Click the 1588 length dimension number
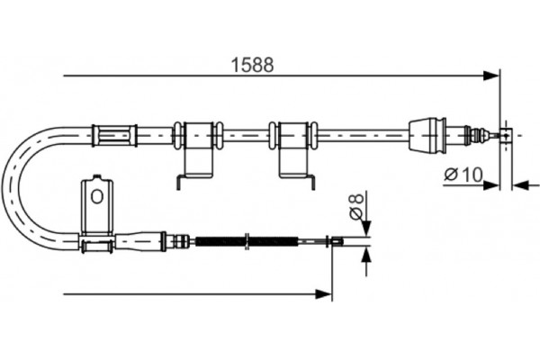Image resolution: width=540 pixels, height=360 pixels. point(253,65)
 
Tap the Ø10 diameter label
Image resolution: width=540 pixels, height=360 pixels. point(463,175)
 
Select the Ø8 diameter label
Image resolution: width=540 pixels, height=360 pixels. point(356,206)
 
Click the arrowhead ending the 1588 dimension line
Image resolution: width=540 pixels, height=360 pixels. point(490,76)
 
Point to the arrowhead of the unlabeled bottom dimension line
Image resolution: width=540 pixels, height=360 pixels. point(323,294)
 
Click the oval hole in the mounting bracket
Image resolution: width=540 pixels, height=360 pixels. point(97,197)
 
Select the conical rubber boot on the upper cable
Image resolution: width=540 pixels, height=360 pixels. point(427,134)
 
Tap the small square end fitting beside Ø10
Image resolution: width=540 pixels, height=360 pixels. point(506,134)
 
